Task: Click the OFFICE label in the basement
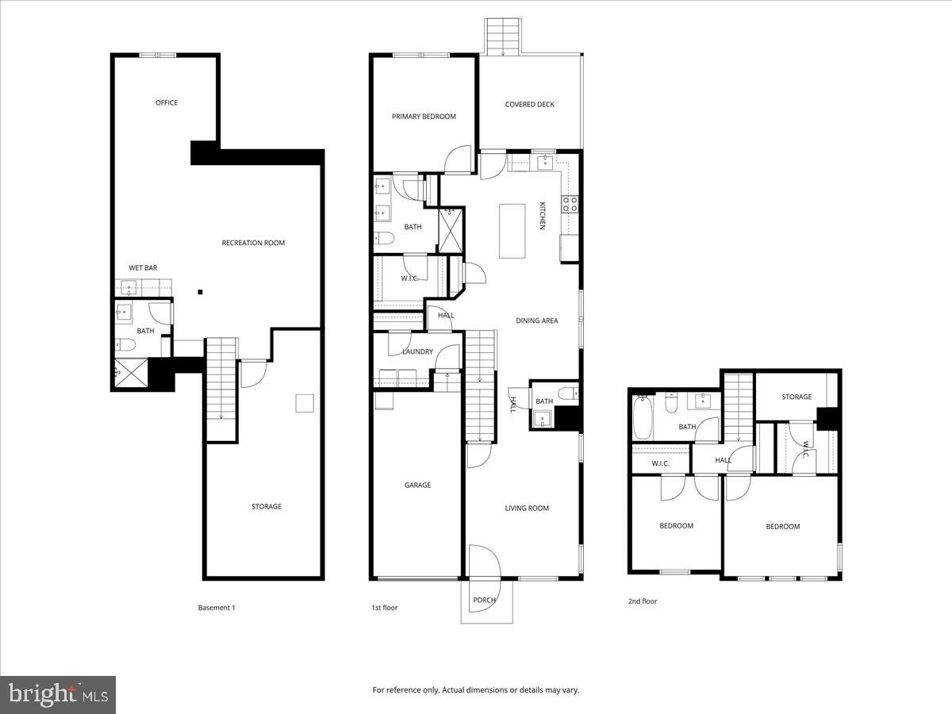tap(167, 102)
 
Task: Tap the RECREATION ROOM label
tap(253, 243)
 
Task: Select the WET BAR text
tap(143, 268)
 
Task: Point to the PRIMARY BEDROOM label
tap(424, 117)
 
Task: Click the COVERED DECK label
tap(529, 105)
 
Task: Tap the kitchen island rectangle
tap(512, 231)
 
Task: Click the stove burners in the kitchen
tap(570, 204)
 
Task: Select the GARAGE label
tap(417, 485)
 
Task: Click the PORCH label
tap(484, 601)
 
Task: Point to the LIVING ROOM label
tap(527, 509)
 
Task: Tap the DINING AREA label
tap(537, 321)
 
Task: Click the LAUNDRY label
tap(417, 351)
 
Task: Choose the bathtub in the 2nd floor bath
tap(643, 418)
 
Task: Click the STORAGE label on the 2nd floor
tap(797, 397)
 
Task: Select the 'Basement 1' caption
tap(217, 608)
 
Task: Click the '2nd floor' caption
tap(643, 601)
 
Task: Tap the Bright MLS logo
tap(58, 695)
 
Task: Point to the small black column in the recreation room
tap(201, 291)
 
